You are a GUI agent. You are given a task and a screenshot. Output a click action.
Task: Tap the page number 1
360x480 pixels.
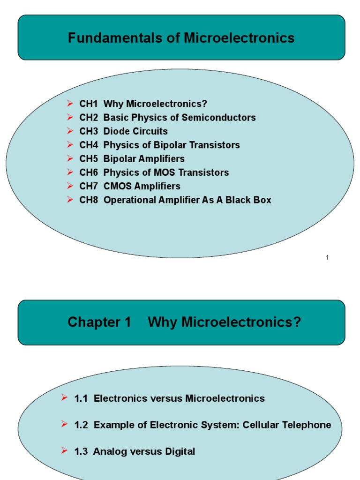(x=327, y=257)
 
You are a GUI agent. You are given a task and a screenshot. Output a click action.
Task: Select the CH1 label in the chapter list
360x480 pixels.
(x=89, y=104)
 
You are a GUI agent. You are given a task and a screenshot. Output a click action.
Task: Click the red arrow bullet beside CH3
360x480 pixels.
(x=70, y=131)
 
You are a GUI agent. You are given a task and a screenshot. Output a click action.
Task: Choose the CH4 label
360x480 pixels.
(x=89, y=145)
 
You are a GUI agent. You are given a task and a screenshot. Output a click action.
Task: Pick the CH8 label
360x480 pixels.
(x=89, y=200)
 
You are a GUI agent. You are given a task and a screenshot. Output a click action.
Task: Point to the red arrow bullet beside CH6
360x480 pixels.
(x=70, y=172)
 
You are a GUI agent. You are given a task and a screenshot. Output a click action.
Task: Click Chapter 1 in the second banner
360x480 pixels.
(x=99, y=322)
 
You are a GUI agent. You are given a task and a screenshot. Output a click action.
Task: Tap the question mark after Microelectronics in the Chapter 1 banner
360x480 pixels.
(x=298, y=322)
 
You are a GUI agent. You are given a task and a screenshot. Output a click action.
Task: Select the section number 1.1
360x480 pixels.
(x=81, y=398)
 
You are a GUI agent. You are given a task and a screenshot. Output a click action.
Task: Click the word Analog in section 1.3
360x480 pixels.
(x=107, y=452)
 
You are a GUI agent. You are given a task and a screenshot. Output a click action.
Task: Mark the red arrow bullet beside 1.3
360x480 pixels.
(x=65, y=451)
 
